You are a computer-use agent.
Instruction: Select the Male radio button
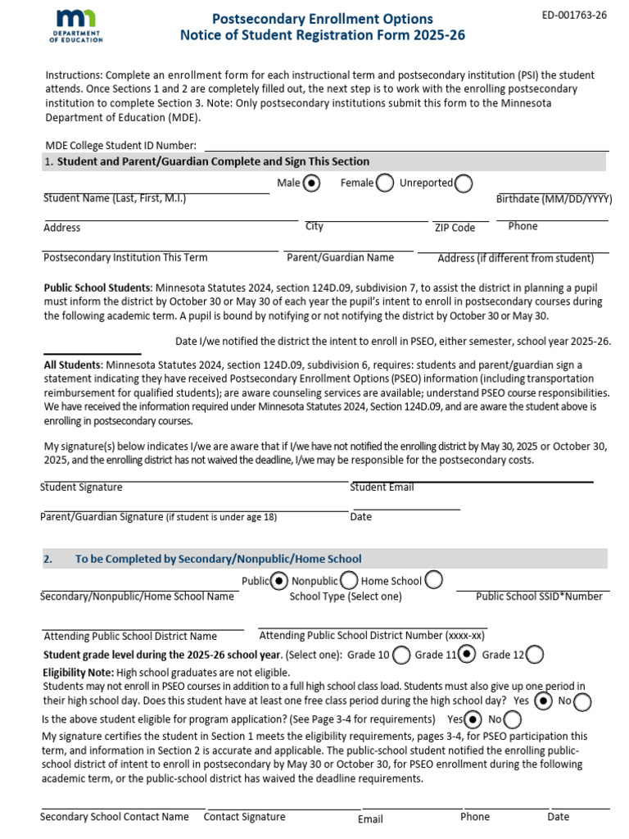coord(311,184)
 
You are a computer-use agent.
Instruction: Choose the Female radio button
coord(384,184)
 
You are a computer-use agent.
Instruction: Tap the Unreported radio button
coord(463,184)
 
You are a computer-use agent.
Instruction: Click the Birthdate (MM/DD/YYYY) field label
coord(554,199)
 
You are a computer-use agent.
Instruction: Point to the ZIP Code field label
coord(455,228)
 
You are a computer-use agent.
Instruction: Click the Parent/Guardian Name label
coord(340,257)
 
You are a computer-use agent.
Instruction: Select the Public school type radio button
coord(279,581)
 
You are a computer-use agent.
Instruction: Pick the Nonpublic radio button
coord(348,581)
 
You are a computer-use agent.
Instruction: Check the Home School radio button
coord(433,581)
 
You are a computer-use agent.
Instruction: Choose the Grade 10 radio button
coord(401,655)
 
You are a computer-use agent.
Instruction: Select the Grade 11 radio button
coord(466,655)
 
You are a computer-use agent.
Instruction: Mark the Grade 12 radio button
coord(534,655)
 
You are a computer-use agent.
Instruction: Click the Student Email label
coord(382,487)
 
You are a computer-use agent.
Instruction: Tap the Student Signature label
coord(81,487)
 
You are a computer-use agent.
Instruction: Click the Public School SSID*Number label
coord(539,596)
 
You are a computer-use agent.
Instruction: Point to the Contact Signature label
coord(244,816)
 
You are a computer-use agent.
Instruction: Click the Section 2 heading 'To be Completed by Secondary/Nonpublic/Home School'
coord(218,559)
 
